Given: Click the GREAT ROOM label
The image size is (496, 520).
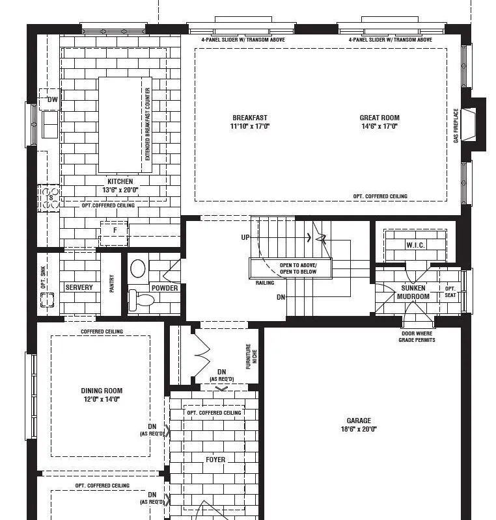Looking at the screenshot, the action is (379, 118).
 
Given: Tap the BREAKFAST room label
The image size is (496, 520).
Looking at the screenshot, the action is (250, 118).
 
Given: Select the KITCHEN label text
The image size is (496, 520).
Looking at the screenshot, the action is (120, 181).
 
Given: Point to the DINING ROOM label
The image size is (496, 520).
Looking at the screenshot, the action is (102, 391).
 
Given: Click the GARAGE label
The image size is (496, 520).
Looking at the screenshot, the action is (359, 421).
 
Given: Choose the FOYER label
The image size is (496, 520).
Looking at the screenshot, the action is (215, 460).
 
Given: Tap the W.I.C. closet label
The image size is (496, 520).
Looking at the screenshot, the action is (415, 245).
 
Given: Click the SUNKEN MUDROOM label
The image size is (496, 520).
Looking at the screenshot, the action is (413, 292).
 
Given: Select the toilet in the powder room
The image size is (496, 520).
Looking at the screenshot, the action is (141, 299).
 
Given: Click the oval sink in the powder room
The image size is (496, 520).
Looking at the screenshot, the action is (138, 268).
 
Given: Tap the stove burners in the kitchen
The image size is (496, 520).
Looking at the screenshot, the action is (50, 198).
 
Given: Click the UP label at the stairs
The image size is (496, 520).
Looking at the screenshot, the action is (245, 237).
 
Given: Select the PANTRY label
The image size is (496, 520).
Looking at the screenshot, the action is (111, 283).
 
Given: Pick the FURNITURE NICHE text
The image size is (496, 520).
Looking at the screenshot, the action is (251, 356).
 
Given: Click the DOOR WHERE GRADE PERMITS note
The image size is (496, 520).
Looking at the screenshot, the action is (417, 337).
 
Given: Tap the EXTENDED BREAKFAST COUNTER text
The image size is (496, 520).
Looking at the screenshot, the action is (147, 124).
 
